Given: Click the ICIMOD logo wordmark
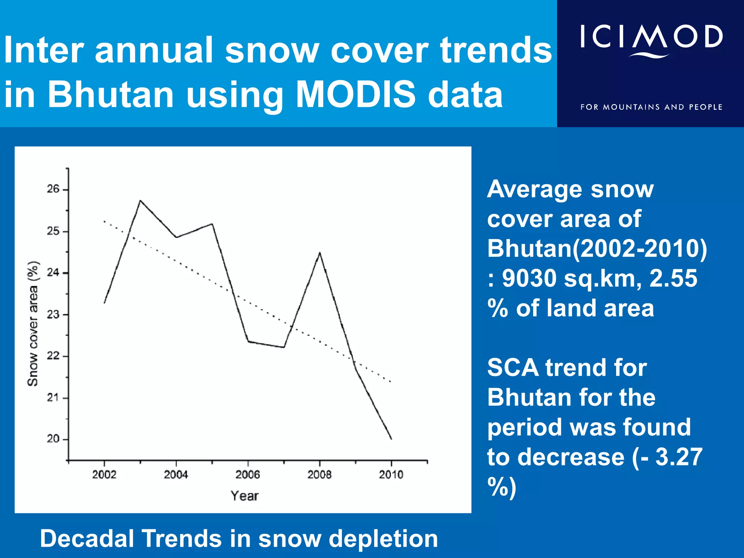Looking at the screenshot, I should pyautogui.click(x=651, y=37).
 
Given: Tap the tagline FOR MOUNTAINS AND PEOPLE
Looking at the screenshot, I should pyautogui.click(x=651, y=107).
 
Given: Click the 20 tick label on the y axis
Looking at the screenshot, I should pyautogui.click(x=53, y=439).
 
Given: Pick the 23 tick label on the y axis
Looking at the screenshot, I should pyautogui.click(x=53, y=314).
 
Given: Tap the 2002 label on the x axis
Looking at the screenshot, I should pyautogui.click(x=104, y=474).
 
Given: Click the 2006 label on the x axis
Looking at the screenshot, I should pyautogui.click(x=248, y=474).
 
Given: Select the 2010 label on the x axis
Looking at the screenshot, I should pyautogui.click(x=391, y=474).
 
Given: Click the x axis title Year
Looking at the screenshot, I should pyautogui.click(x=244, y=496).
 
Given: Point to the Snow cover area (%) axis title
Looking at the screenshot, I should pyautogui.click(x=33, y=323).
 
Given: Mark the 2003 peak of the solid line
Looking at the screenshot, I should pyautogui.click(x=140, y=201).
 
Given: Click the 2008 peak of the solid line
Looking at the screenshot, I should pyautogui.click(x=320, y=252).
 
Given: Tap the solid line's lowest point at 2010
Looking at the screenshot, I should pyautogui.click(x=391, y=439).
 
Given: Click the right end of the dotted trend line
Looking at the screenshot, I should pyautogui.click(x=391, y=381).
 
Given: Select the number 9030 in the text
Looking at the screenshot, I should pyautogui.click(x=529, y=279).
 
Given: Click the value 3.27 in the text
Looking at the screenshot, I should pyautogui.click(x=679, y=457).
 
